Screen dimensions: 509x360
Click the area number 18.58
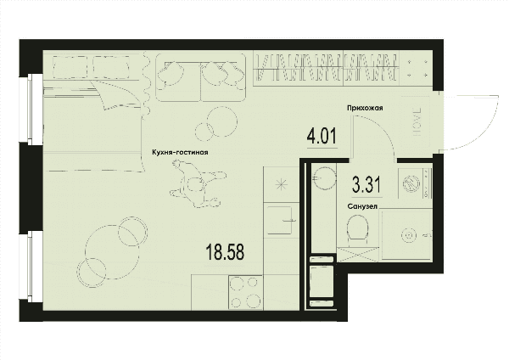coord(225,253)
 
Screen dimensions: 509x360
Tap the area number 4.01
coord(322,136)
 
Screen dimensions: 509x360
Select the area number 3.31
coord(366,184)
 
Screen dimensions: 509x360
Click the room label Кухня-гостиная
coord(180,152)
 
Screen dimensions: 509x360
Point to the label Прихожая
coord(365,108)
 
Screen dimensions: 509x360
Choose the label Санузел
coord(362,206)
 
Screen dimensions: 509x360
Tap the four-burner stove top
coord(246,292)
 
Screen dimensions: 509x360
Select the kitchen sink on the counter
coord(280,220)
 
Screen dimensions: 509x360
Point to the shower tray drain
coord(408,234)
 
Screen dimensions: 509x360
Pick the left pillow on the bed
coord(70,67)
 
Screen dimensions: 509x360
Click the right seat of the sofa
coord(222,77)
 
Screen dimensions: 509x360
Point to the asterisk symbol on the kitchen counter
coord(281,184)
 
